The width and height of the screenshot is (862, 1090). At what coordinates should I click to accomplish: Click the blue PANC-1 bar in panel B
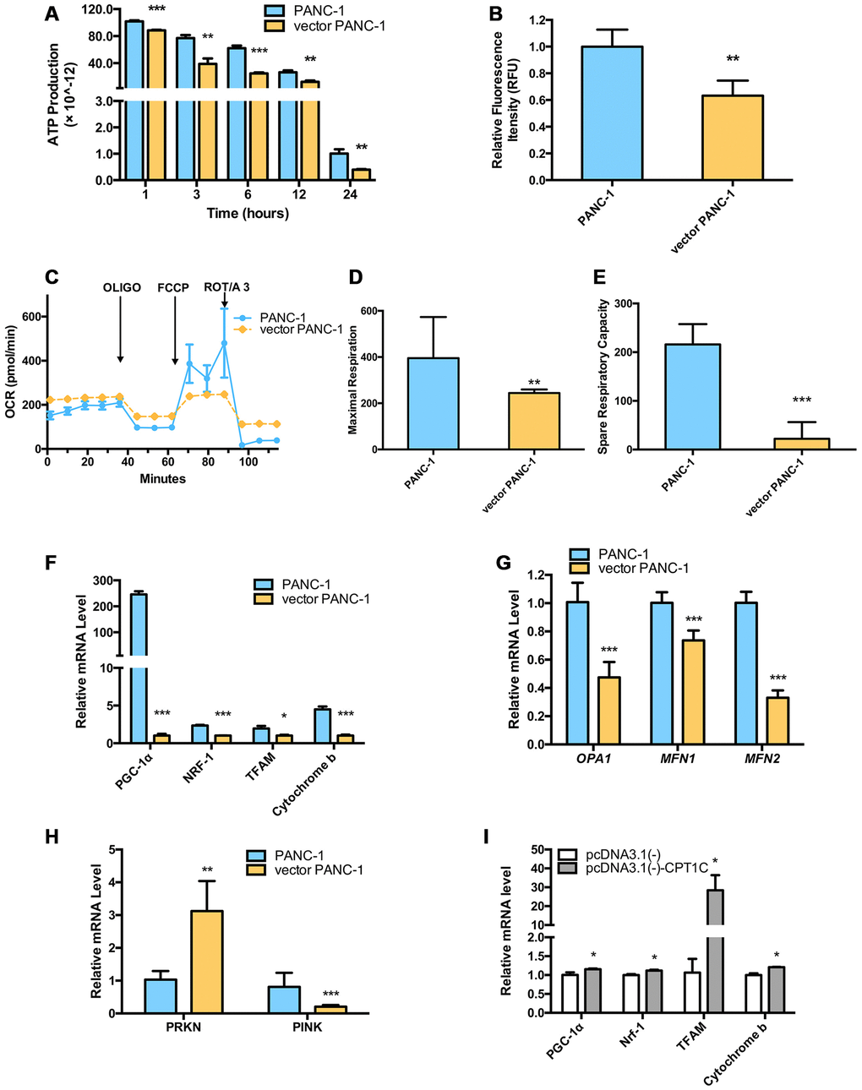coord(612,113)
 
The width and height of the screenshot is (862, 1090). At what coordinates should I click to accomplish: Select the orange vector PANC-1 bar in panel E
coord(802,444)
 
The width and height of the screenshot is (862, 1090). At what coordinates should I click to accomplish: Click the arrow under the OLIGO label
coord(120,330)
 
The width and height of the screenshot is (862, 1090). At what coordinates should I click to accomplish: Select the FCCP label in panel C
coord(173,287)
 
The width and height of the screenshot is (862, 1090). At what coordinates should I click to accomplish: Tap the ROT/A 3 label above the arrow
coord(226,287)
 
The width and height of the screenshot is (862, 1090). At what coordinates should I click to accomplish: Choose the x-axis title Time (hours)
coord(248,213)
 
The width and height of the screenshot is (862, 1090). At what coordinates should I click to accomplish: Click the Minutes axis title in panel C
coord(162,478)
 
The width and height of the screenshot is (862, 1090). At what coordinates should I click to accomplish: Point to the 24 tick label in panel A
coord(350,194)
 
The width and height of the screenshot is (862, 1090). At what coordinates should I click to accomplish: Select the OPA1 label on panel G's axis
coord(595,758)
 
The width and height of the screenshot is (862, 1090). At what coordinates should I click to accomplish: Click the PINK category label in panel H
coord(301,1027)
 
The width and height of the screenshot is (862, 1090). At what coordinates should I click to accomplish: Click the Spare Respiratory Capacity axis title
coord(603,376)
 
